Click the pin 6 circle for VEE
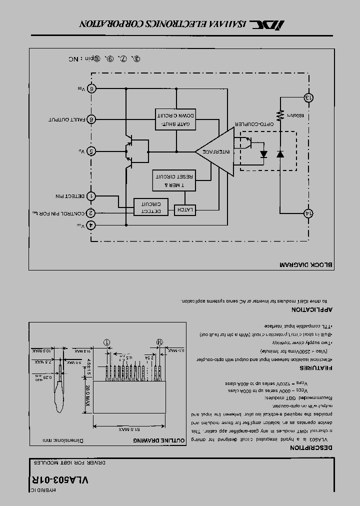pyautogui.click(x=91, y=88)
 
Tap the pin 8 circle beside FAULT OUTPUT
pyautogui.click(x=91, y=119)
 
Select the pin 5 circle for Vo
pyautogui.click(x=91, y=151)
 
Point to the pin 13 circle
pyautogui.click(x=308, y=97)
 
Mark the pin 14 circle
pyautogui.click(x=308, y=213)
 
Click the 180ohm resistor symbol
pyautogui.click(x=280, y=115)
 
